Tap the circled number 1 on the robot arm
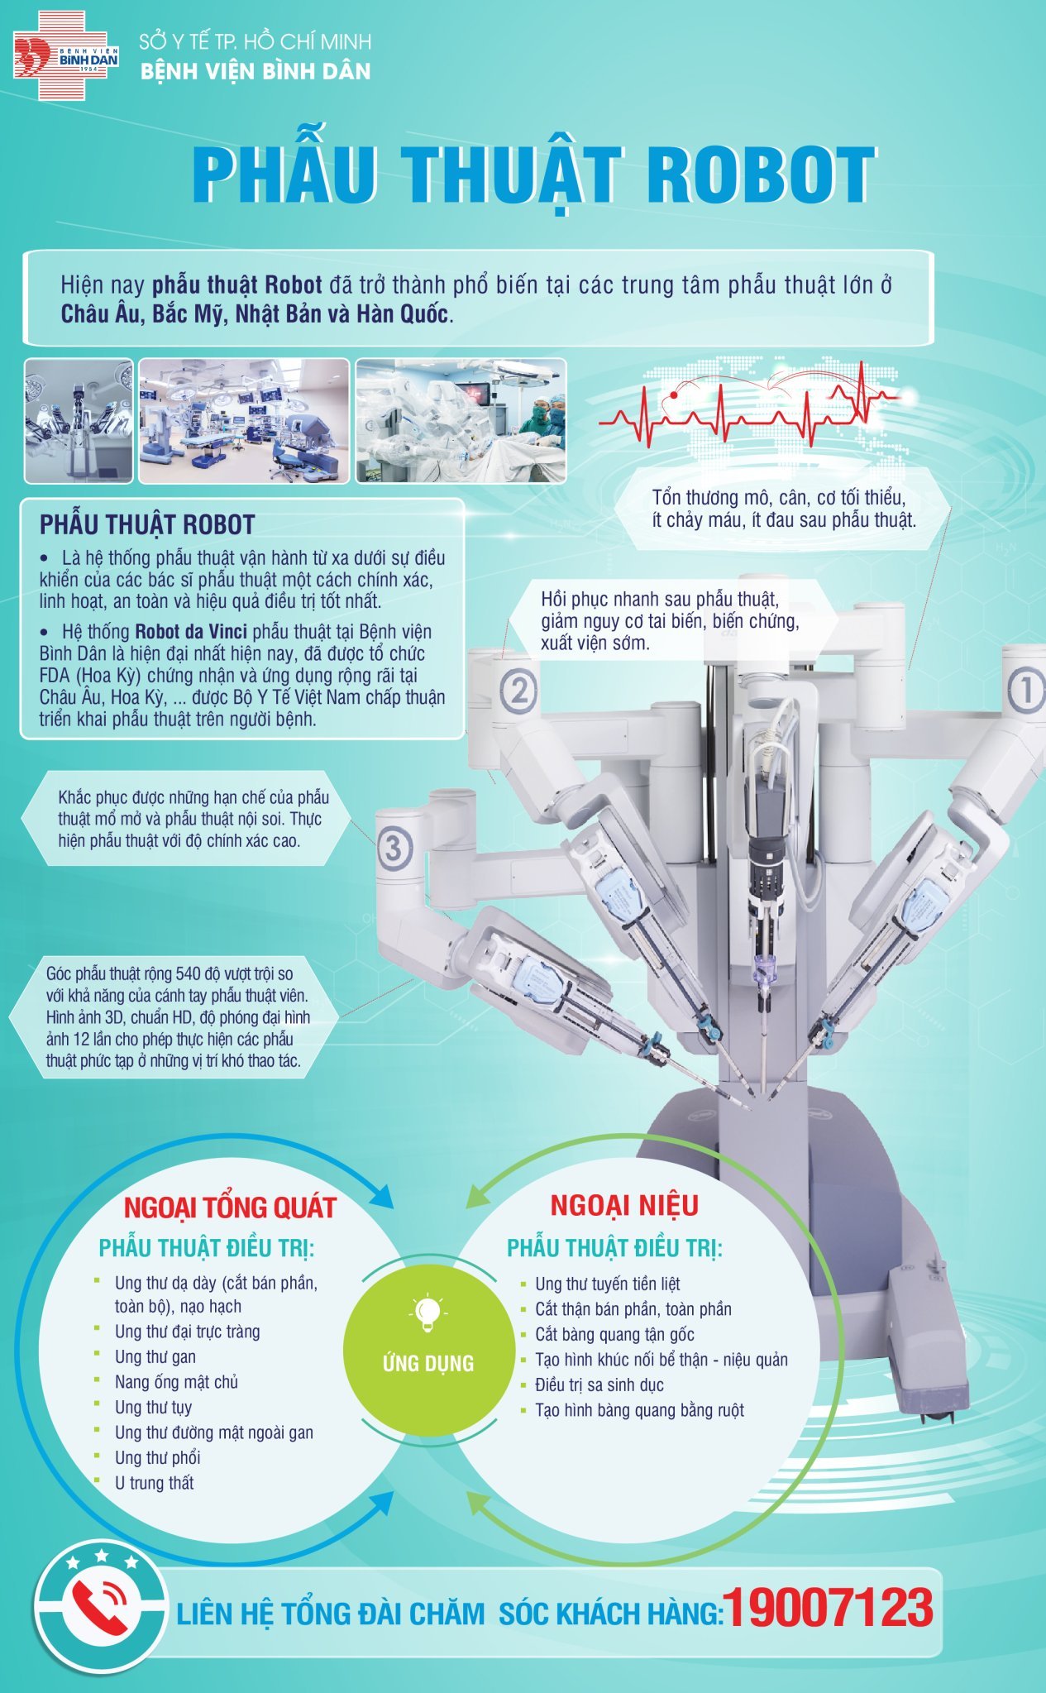1025,690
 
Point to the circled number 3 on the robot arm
394,848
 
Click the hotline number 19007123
829,1609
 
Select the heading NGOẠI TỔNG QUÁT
230,1208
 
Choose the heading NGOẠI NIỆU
624,1205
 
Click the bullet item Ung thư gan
155,1357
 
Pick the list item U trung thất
154,1483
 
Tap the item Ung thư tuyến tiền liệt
607,1284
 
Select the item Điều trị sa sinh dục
599,1385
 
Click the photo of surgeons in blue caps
461,420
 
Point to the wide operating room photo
244,420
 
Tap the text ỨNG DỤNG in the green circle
428,1363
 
